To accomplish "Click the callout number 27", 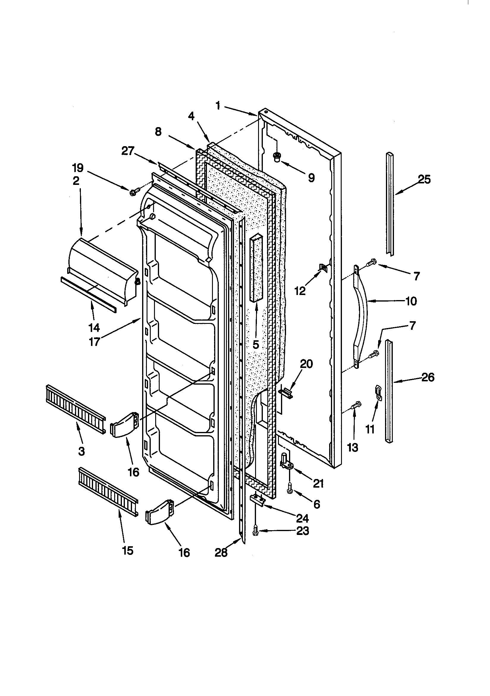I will point(128,151).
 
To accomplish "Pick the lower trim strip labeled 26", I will point(390,391).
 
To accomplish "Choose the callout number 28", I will point(221,553).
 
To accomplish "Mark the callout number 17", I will point(94,342).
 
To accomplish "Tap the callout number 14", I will point(94,327).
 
